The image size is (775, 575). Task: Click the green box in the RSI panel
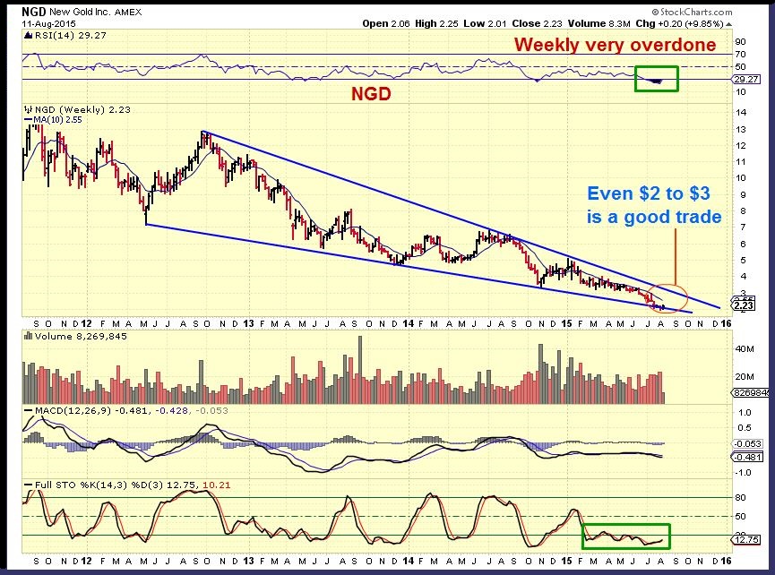(656, 79)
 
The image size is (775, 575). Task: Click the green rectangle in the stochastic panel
(626, 536)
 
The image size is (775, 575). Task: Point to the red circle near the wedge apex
(671, 296)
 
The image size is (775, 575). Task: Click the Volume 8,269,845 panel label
(67, 337)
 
